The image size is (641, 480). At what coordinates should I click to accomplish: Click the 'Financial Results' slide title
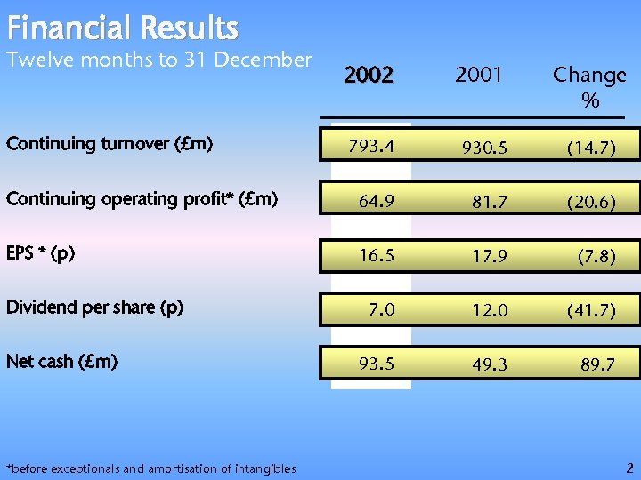click(122, 28)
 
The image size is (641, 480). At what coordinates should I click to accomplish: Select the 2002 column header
click(369, 76)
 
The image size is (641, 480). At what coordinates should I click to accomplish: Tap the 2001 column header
click(479, 76)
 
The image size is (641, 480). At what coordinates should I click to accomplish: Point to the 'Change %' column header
click(589, 87)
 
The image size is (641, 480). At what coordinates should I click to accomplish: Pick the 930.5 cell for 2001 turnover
click(483, 148)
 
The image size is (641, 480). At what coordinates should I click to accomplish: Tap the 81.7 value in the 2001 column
click(489, 204)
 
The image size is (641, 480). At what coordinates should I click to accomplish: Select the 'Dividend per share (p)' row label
click(95, 308)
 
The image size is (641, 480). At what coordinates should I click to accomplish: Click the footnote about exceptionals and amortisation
click(151, 468)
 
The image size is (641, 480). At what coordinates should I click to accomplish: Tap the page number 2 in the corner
click(629, 467)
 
